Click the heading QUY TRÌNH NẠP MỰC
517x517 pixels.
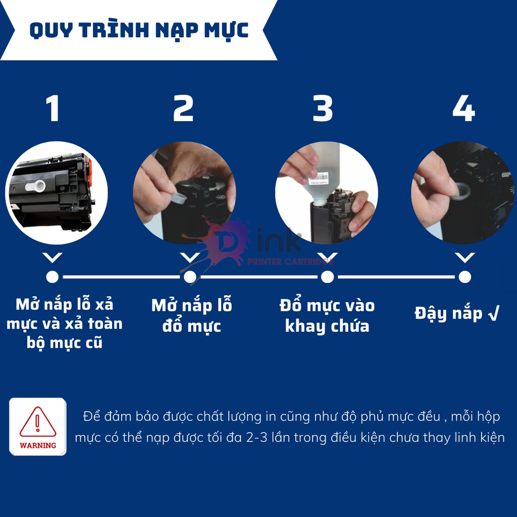click(x=139, y=30)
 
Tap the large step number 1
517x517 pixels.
click(x=53, y=109)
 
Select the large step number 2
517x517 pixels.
click(x=183, y=109)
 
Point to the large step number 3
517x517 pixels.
click(x=323, y=109)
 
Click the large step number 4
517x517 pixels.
click(x=463, y=109)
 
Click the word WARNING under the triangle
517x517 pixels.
click(x=38, y=445)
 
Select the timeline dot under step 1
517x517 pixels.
click(x=53, y=277)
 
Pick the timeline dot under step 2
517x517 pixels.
click(x=190, y=277)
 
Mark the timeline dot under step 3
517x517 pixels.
click(x=327, y=277)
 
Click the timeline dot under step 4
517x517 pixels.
click(x=465, y=277)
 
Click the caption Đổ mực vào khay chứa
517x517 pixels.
click(x=327, y=316)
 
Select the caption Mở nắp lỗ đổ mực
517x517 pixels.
click(x=191, y=316)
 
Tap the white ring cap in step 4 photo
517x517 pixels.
click(x=460, y=190)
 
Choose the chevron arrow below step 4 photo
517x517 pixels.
click(x=465, y=258)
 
